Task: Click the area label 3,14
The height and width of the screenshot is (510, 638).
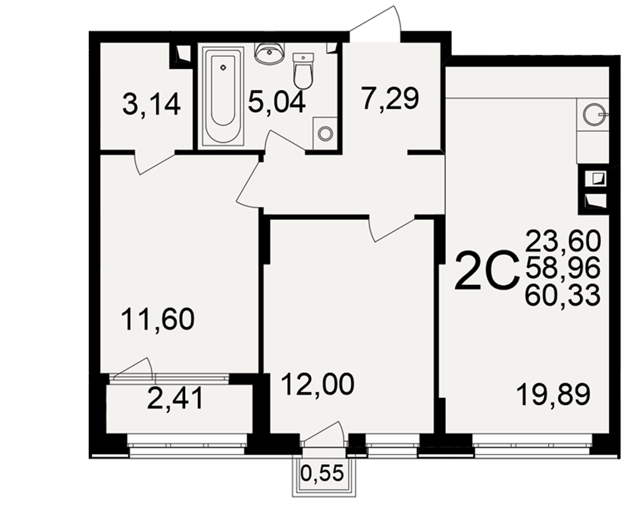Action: [x=151, y=105]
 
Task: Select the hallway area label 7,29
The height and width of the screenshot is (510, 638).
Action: [x=389, y=99]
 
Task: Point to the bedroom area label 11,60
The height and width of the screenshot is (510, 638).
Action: [x=158, y=319]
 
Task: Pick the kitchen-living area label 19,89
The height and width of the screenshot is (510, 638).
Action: [x=553, y=395]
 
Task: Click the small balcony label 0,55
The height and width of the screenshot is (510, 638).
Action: [x=322, y=473]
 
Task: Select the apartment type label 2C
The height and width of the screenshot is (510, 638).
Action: [x=487, y=270]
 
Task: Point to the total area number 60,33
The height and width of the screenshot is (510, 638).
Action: [x=563, y=295]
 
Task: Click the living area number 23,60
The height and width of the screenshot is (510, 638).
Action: [x=563, y=240]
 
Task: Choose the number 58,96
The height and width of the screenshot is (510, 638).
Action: [x=563, y=268]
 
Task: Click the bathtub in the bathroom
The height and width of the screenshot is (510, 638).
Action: [x=223, y=96]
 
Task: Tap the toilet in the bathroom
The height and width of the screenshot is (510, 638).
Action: [x=303, y=71]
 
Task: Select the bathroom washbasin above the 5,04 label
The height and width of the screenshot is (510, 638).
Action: [x=269, y=54]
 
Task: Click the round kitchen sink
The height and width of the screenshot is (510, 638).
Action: [x=595, y=115]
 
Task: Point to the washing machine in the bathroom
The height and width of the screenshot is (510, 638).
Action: [x=325, y=133]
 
